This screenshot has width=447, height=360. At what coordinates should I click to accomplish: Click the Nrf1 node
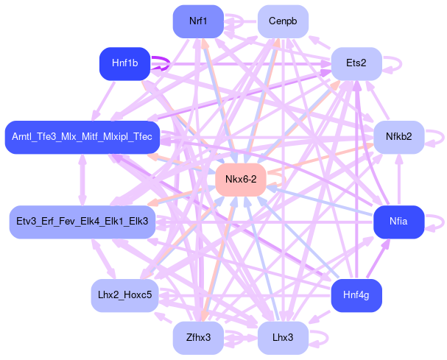point(197,21)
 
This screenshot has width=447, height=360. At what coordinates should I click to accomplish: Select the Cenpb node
point(283,21)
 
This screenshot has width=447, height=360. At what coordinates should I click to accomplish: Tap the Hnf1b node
point(124,64)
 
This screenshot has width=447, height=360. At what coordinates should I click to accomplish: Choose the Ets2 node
point(356,64)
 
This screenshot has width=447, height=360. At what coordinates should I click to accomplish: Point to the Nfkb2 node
point(398,137)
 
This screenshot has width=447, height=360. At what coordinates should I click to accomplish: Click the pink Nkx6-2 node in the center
point(241,180)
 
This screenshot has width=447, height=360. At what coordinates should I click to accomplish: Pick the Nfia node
point(398,222)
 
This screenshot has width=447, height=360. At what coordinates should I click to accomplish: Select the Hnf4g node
point(356,295)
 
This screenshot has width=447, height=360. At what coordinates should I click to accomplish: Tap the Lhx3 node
point(283,338)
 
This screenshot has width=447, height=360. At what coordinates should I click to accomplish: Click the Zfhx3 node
point(197,338)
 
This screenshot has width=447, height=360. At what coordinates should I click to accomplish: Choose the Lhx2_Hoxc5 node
point(124,295)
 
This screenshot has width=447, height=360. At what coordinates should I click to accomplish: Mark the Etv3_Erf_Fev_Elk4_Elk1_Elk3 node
point(82,222)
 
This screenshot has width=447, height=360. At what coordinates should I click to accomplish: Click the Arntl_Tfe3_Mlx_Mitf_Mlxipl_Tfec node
point(82,137)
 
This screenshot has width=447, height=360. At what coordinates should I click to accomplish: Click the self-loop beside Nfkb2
point(435,137)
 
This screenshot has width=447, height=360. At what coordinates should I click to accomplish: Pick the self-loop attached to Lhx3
point(320,338)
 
